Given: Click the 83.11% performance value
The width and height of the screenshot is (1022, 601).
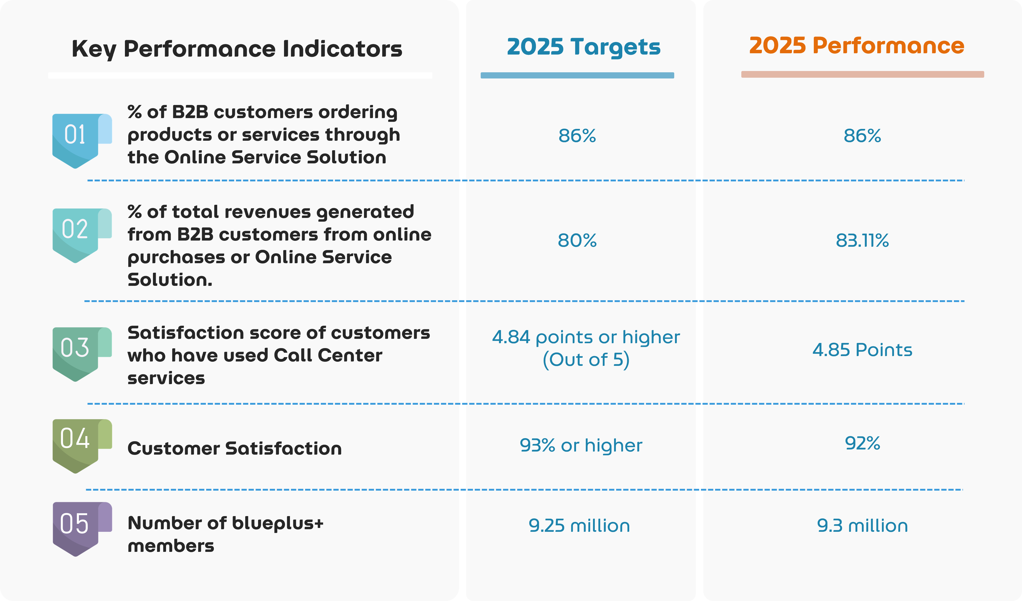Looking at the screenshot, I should coord(862,240).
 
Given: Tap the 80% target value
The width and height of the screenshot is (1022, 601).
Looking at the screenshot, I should coord(577,240).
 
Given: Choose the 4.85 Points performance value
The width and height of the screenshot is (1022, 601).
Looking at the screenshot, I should coord(862,350).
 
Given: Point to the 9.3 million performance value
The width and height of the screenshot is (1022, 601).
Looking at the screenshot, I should coord(862,526).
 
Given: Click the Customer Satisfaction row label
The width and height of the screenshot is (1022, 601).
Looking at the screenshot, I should coord(234,448).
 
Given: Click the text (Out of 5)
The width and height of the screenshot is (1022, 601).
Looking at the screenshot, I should coord(586,359).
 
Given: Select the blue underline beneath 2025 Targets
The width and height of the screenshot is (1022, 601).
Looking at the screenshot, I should coord(577,75).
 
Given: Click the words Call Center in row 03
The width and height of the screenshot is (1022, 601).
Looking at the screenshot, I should coord(328,356).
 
